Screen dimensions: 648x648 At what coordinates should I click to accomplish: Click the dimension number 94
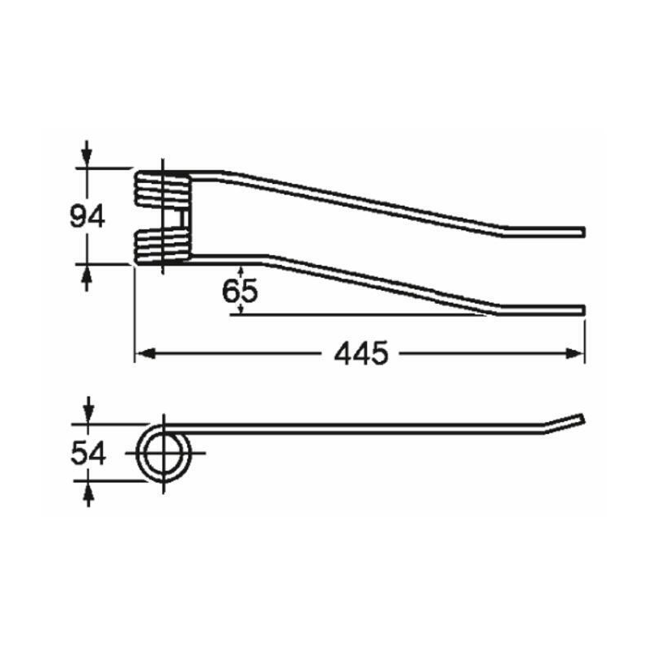(x=87, y=216)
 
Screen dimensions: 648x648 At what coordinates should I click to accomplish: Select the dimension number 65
(x=240, y=291)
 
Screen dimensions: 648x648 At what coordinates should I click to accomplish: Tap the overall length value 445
(x=361, y=354)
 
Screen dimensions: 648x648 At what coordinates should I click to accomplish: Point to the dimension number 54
(x=88, y=453)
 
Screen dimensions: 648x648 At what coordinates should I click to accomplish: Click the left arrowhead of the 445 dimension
(x=145, y=354)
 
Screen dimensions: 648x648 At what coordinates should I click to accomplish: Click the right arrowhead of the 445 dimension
(x=575, y=354)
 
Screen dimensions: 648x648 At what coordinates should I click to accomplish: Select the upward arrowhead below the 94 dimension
(x=87, y=274)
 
